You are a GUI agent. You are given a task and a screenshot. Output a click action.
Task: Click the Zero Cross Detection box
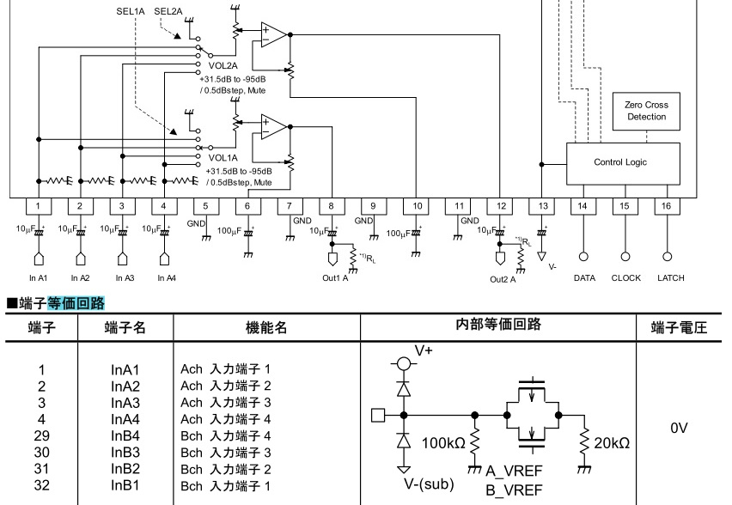646,111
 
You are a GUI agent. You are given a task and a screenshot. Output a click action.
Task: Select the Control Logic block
623,163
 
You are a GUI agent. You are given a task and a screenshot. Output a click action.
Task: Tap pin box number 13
542,206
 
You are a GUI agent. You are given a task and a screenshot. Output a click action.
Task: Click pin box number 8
332,206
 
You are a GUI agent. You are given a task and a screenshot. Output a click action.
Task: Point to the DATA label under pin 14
584,278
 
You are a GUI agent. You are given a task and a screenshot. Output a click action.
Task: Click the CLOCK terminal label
626,278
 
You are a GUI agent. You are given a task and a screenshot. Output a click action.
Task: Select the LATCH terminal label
671,278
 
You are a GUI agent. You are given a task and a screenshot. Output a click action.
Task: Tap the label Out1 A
335,278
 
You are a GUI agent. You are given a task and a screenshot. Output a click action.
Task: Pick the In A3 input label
125,278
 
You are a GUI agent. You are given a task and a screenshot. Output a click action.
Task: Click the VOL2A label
223,66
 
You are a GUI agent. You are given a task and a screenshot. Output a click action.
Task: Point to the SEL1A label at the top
131,11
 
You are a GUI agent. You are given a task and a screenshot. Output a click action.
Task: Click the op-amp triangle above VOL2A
273,34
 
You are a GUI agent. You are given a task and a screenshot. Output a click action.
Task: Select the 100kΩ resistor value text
443,442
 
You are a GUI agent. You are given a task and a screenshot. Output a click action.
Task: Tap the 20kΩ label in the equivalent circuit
612,442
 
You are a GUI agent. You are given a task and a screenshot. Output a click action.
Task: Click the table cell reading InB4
125,436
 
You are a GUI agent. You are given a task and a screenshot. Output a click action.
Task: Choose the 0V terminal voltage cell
679,428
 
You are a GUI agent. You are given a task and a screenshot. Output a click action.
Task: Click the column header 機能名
266,327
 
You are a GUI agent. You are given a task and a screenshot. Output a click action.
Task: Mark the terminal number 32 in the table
41,485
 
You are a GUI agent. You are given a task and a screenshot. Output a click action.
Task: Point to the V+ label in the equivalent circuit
424,350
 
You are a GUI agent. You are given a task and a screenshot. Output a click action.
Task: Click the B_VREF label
514,490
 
